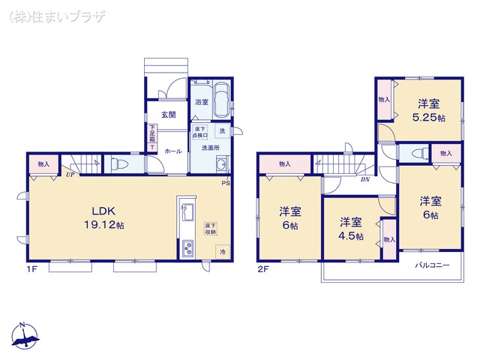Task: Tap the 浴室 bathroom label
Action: coord(201,102)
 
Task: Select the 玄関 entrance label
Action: coord(168,115)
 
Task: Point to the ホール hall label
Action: coord(172,150)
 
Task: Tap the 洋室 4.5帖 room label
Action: coord(349,229)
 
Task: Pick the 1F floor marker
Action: coord(34,268)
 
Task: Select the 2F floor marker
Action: coord(264,268)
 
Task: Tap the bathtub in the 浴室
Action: coord(223,100)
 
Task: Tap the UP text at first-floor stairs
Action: coord(70,175)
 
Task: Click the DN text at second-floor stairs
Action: coord(364,180)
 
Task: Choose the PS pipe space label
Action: coord(225,182)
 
